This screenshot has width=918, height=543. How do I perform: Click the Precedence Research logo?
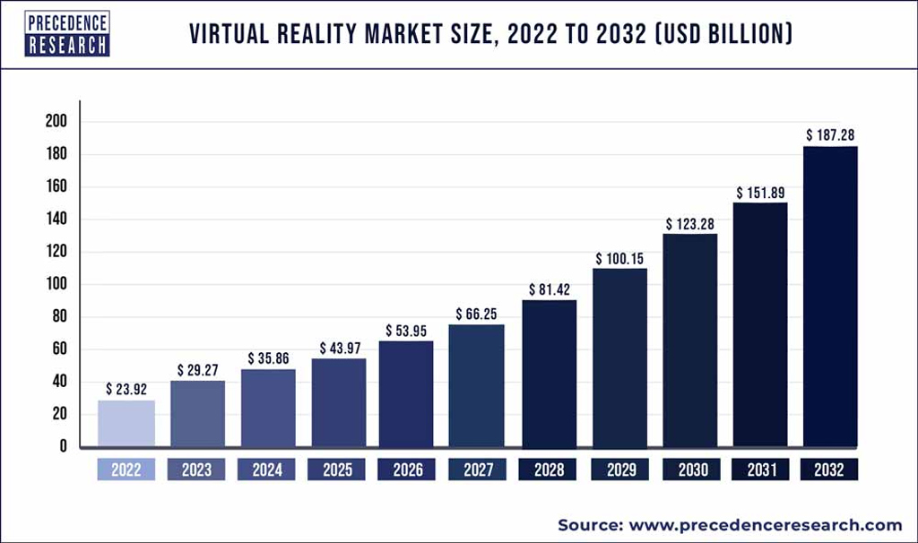click(67, 33)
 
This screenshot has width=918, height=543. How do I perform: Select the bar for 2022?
click(126, 423)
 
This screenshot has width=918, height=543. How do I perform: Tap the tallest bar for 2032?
click(830, 296)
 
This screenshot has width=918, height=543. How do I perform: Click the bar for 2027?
click(476, 385)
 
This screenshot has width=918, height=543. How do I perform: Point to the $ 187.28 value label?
click(830, 134)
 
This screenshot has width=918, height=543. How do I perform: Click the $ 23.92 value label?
click(126, 389)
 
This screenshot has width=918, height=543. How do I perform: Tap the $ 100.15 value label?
click(619, 258)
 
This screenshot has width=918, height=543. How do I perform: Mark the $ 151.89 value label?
click(761, 193)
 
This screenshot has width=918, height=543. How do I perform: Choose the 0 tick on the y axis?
click(63, 446)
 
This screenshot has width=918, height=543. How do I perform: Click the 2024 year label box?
click(266, 470)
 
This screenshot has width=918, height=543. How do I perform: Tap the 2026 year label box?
click(408, 470)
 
